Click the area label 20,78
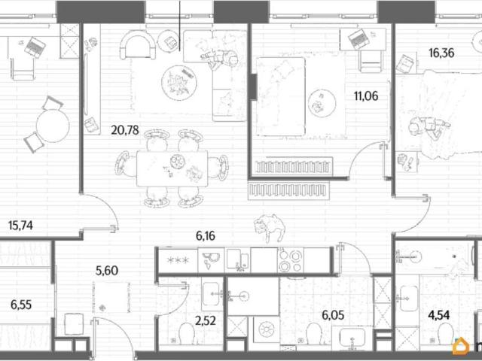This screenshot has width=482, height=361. coord(125,130)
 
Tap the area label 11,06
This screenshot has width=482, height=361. coord(366,96)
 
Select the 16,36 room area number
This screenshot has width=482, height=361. coord(441,53)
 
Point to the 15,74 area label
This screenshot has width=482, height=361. coord(20,226)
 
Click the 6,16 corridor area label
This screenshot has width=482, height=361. coord(206,236)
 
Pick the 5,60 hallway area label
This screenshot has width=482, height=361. coord(107,271)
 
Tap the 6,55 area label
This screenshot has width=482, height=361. coord(21,305)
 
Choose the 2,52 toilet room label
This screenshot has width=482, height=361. coord(206,321)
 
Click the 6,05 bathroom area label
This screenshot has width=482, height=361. coord(333,315)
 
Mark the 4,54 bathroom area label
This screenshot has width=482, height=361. coord(438,315)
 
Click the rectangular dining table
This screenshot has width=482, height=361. coord(172,168)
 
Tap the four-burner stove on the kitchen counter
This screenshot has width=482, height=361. coord(291,260)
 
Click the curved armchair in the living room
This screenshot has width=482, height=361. coord(138,45)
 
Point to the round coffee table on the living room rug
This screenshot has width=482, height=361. coord(179,82)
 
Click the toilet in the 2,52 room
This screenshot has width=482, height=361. coord(187,333)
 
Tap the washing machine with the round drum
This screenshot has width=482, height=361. coord(266,329)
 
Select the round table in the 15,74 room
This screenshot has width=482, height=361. coord(53,126)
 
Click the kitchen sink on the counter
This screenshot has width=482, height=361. coord(211,260)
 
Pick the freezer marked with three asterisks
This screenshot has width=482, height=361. coord(178,260)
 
